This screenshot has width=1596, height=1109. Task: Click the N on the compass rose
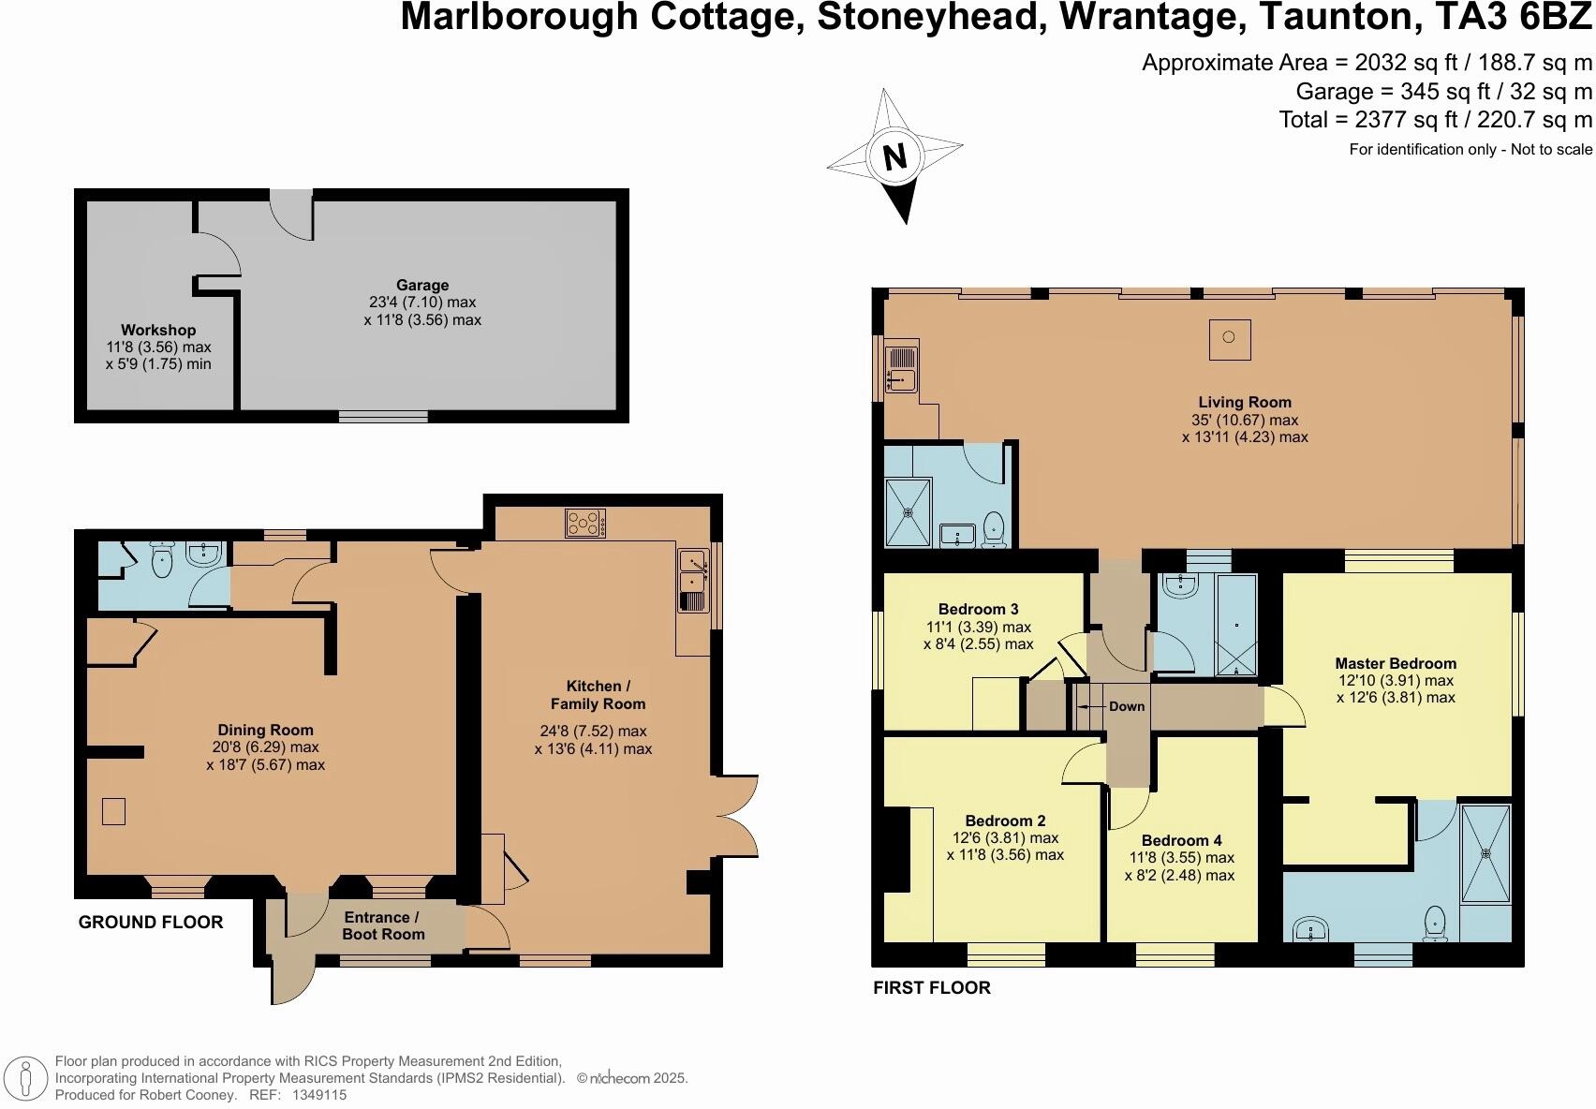click(x=895, y=156)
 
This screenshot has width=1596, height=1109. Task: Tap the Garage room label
click(x=421, y=285)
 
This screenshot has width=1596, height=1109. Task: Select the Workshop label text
click(x=158, y=330)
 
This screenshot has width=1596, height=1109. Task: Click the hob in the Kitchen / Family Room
click(x=585, y=523)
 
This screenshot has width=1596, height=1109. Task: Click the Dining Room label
click(x=265, y=730)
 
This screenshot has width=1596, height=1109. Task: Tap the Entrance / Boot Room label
click(x=383, y=925)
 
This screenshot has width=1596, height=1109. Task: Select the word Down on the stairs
click(x=1127, y=706)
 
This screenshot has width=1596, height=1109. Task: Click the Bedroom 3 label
click(x=978, y=609)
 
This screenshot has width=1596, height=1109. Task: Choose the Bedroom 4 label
click(x=1181, y=840)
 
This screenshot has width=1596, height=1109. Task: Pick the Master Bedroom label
click(x=1396, y=663)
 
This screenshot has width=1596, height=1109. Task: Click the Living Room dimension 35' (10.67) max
click(x=1245, y=420)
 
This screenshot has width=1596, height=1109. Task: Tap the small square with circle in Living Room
click(x=1229, y=338)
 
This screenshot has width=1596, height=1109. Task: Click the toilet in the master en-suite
click(x=1435, y=924)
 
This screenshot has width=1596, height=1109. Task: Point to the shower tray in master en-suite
click(x=1485, y=853)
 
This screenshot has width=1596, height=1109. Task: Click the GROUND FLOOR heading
click(x=151, y=923)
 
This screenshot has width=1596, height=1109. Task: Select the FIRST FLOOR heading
click(x=931, y=987)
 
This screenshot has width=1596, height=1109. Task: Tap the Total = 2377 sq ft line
click(x=1435, y=120)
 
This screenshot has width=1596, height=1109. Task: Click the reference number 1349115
click(x=319, y=1094)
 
